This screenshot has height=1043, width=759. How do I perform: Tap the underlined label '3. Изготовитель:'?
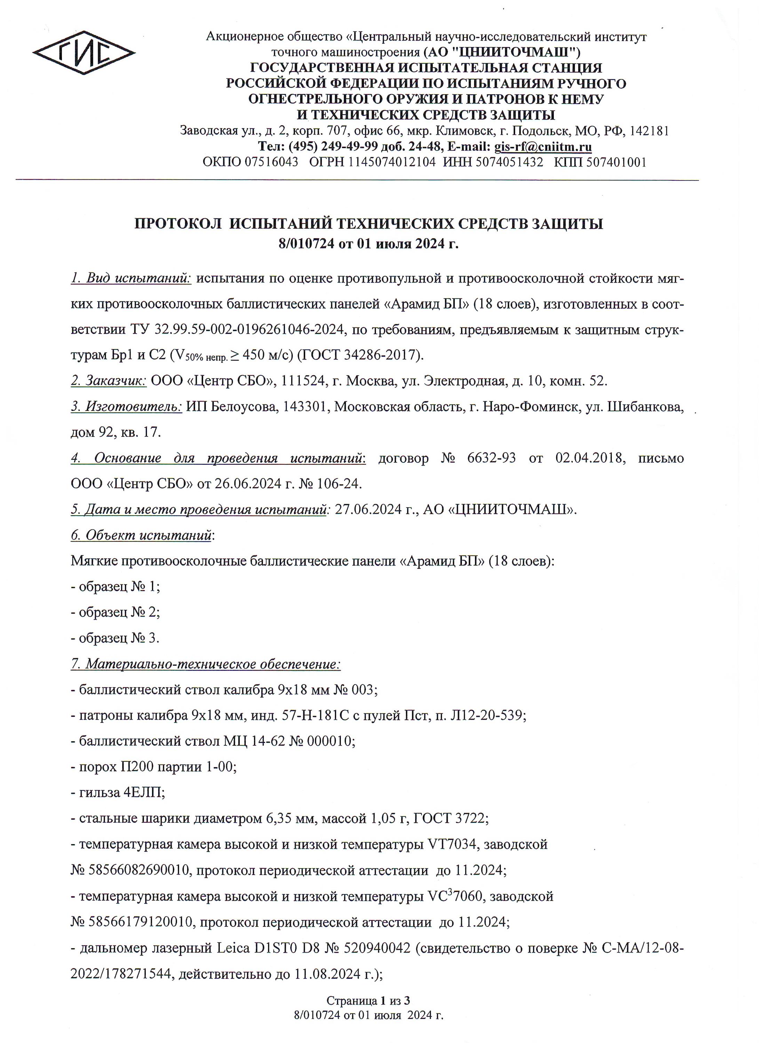click(x=127, y=407)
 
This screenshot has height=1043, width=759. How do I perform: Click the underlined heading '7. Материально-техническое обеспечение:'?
click(x=206, y=664)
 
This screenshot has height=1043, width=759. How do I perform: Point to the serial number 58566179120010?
click(x=136, y=922)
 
